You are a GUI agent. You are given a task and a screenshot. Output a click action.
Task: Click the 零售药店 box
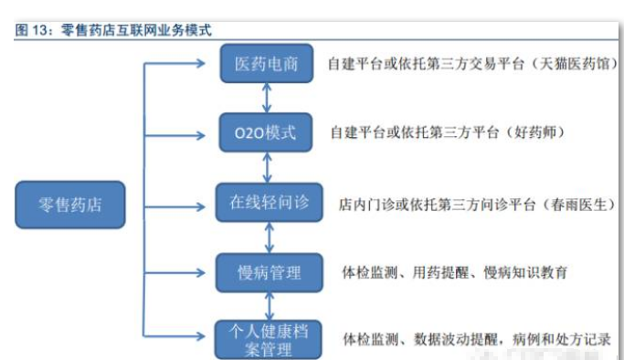coord(70,205)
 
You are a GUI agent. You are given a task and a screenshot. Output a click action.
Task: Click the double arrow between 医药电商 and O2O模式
coord(267,99)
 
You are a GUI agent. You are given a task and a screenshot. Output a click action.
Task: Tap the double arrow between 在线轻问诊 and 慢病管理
coord(267,238)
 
